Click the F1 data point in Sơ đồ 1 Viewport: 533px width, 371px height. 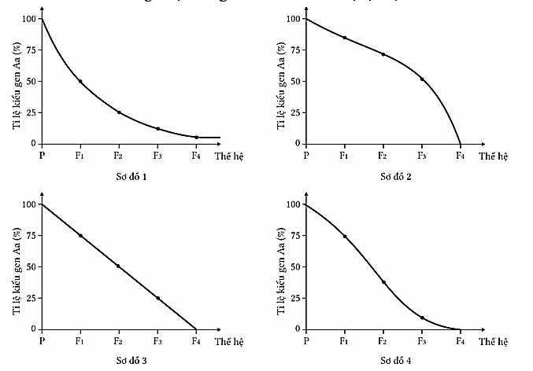tap(80, 81)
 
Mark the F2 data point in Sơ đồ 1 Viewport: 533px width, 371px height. tap(119, 112)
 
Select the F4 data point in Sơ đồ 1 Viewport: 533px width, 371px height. tap(196, 137)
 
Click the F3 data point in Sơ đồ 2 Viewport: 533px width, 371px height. tap(422, 79)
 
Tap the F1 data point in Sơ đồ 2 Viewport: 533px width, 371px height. tap(344, 38)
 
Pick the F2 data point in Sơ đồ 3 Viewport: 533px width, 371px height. tap(119, 266)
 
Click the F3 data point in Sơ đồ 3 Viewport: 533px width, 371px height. tap(157, 298)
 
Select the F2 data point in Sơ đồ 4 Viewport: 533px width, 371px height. tap(383, 282)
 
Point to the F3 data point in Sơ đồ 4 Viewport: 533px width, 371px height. tap(422, 318)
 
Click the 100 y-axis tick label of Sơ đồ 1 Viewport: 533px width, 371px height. tap(28, 19)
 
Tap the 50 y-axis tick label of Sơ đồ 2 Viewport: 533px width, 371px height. tap(295, 81)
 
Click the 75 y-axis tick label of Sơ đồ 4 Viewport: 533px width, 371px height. tap(295, 236)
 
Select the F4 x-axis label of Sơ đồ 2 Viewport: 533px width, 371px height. tap(461, 155)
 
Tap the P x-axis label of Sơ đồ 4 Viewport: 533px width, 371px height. tap(305, 340)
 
